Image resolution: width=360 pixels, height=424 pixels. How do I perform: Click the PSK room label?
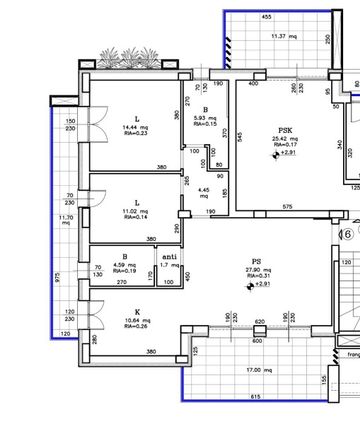(x=285, y=131)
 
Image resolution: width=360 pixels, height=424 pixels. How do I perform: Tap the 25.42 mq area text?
(x=285, y=139)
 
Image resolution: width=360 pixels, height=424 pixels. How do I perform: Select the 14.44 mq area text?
(x=135, y=127)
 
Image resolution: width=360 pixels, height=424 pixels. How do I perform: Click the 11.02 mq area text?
(x=135, y=211)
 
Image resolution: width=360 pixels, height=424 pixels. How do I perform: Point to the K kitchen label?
(x=137, y=312)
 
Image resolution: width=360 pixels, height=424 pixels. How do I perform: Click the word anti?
(x=170, y=257)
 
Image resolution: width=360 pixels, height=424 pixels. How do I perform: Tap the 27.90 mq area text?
(x=258, y=270)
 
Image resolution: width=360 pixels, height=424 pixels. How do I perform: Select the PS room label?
(x=256, y=261)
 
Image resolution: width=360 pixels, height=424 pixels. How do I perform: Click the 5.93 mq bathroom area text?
(x=205, y=118)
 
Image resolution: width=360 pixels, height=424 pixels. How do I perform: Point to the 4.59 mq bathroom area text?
(x=124, y=265)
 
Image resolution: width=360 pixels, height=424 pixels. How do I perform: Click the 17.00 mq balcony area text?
(x=259, y=370)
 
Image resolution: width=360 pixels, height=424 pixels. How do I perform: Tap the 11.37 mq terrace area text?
(x=284, y=36)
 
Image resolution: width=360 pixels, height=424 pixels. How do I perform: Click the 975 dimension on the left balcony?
(x=57, y=277)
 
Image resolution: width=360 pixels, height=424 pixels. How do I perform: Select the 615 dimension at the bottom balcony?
(x=255, y=396)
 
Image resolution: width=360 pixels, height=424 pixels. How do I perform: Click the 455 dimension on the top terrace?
(x=267, y=17)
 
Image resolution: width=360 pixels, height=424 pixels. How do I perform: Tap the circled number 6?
(x=348, y=234)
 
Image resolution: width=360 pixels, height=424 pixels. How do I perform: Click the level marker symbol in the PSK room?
(x=276, y=155)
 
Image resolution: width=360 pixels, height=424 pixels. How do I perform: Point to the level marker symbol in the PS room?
(x=250, y=286)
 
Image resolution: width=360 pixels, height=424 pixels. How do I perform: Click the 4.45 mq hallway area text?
(x=204, y=193)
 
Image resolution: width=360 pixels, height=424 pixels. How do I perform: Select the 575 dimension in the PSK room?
(x=287, y=206)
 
